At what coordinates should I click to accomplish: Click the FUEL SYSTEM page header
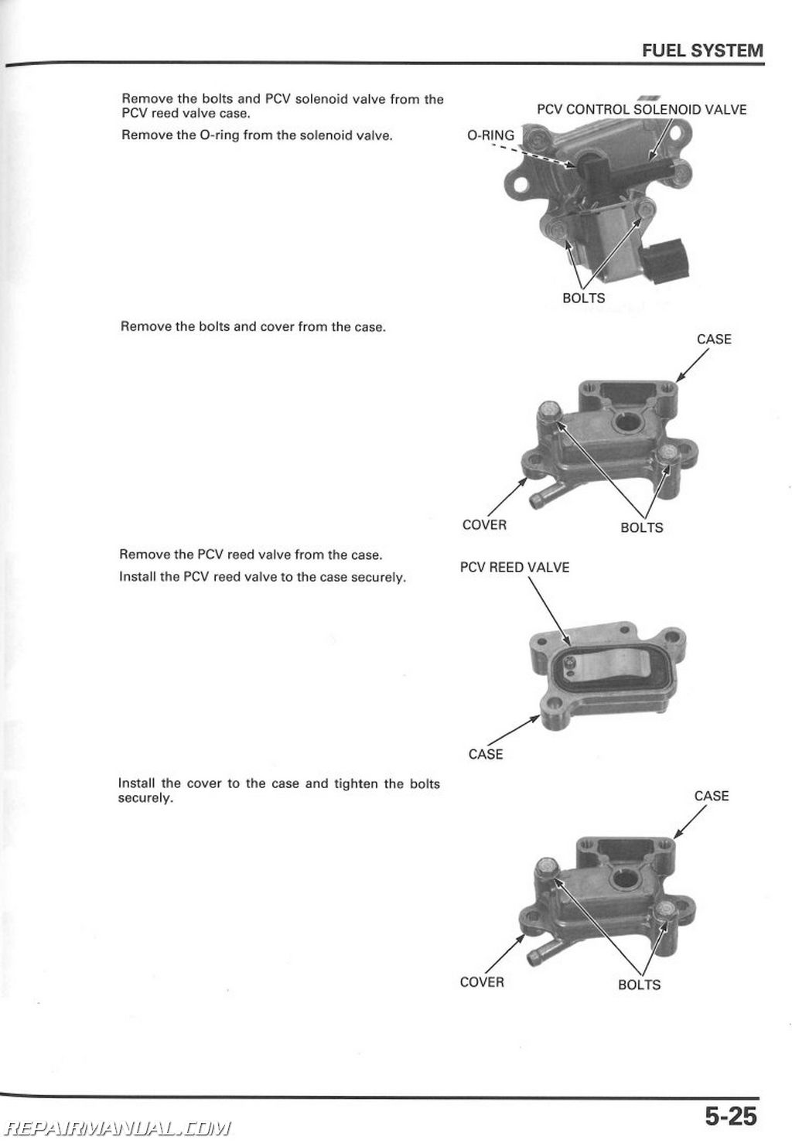pos(702,51)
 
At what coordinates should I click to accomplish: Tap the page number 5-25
pos(729,1116)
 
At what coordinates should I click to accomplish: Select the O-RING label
pos(490,135)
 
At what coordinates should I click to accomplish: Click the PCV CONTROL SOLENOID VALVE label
pos(641,110)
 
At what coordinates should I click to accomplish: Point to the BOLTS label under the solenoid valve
pos(583,298)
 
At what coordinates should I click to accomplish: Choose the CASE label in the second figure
pos(713,339)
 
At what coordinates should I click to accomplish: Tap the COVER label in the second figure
pos(484,524)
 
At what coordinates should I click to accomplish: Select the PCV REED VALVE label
pos(514,567)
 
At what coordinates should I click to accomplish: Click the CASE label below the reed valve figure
pos(485,754)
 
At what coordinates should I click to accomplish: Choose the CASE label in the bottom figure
pos(711,796)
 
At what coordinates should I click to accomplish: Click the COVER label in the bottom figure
pos(481,981)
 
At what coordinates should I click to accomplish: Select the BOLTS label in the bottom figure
pos(639,984)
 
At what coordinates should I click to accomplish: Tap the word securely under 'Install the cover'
pos(145,798)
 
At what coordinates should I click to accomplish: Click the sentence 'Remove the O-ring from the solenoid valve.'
pos(257,135)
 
